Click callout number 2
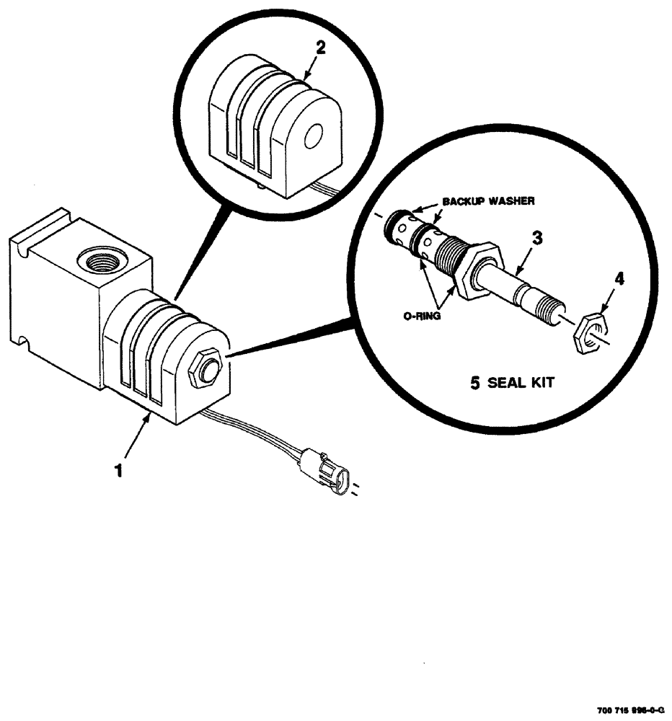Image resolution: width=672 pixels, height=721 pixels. click(x=321, y=49)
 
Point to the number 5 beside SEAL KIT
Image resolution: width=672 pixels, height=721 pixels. click(x=474, y=383)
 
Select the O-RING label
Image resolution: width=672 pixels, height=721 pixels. click(x=420, y=314)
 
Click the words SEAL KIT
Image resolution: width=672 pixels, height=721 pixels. click(x=521, y=383)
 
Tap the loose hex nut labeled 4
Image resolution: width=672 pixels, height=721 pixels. click(x=590, y=332)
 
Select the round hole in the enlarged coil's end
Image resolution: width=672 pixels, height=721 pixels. click(x=314, y=136)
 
